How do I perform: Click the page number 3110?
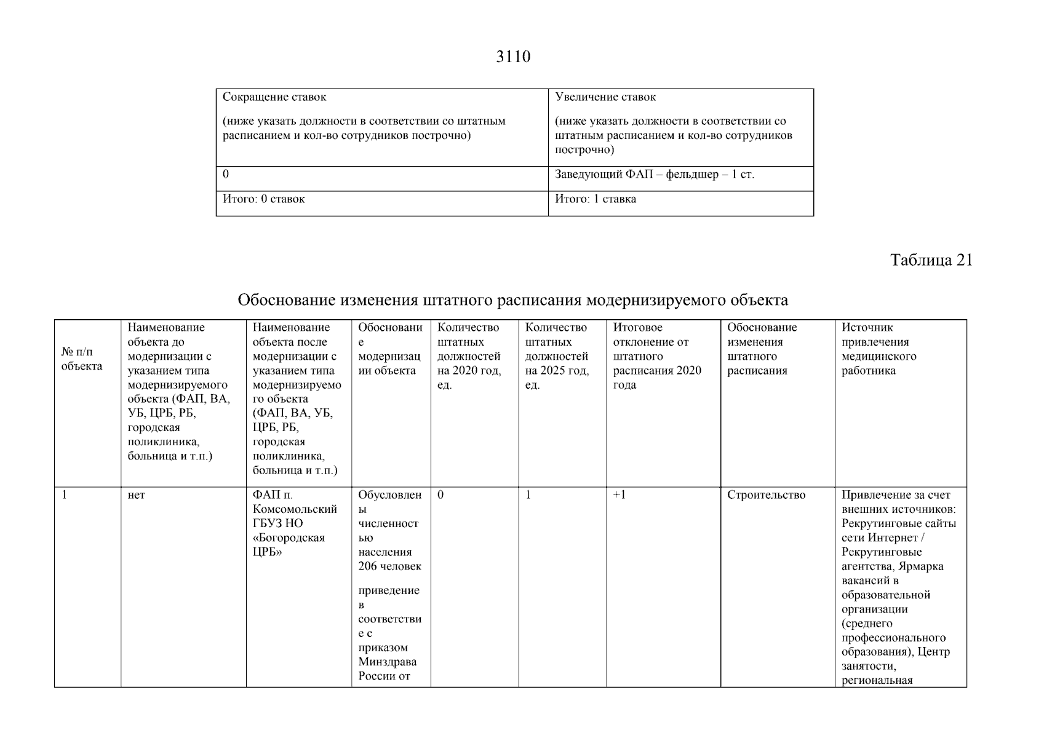pyautogui.click(x=513, y=57)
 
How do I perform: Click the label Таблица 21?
pyautogui.click(x=931, y=260)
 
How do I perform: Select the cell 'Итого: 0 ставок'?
pyautogui.click(x=263, y=199)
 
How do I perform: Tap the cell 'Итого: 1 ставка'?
pyautogui.click(x=596, y=199)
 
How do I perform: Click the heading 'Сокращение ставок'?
pyautogui.click(x=274, y=97)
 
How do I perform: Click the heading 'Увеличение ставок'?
pyautogui.click(x=605, y=97)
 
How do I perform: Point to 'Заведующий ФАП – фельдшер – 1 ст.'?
pyautogui.click(x=655, y=175)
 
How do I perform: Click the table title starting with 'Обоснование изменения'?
pyautogui.click(x=513, y=301)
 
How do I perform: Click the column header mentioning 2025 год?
pyautogui.click(x=557, y=357)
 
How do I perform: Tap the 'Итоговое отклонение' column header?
pyautogui.click(x=656, y=357)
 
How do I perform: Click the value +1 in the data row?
pyautogui.click(x=620, y=495)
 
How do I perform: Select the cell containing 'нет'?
pyautogui.click(x=137, y=495)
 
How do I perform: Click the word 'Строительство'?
pyautogui.click(x=766, y=495)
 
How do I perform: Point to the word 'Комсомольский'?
pyautogui.click(x=295, y=509)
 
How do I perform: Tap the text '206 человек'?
pyautogui.click(x=390, y=566)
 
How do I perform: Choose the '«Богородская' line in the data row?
pyautogui.click(x=289, y=538)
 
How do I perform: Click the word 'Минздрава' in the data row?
pyautogui.click(x=388, y=662)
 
